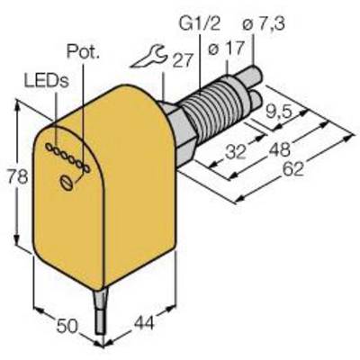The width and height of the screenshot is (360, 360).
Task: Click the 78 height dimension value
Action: click(18, 177)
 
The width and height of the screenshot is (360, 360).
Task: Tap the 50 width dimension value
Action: click(67, 327)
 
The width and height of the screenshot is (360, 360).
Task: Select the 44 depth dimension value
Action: click(144, 323)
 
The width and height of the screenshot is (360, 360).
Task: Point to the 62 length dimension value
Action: click(293, 169)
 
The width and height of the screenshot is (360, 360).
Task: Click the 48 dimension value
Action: click(279, 150)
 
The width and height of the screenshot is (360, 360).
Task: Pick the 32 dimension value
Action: click(236, 152)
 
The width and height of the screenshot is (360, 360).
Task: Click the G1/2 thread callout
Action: click(200, 24)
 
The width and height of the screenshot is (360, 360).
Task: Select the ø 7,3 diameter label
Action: click(263, 23)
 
